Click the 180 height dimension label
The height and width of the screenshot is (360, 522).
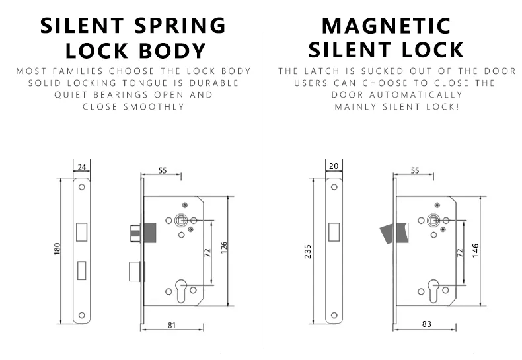click(57, 249)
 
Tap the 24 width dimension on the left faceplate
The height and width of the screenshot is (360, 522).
click(82, 167)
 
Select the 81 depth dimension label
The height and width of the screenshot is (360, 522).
click(172, 325)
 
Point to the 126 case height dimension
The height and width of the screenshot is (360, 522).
click(224, 248)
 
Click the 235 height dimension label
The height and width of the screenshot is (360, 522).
click(308, 252)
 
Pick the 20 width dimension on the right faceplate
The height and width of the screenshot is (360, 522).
click(334, 166)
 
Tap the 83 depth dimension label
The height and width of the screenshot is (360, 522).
click(427, 324)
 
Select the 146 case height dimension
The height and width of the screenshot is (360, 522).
click(476, 250)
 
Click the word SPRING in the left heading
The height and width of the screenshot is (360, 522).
click(180, 26)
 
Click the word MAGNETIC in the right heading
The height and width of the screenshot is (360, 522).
click(386, 26)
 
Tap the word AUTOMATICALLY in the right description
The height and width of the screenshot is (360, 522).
click(416, 95)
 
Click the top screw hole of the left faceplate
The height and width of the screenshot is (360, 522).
click(82, 187)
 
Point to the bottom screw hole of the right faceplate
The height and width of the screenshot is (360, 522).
click(334, 315)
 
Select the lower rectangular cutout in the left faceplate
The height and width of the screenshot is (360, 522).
click(81, 271)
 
